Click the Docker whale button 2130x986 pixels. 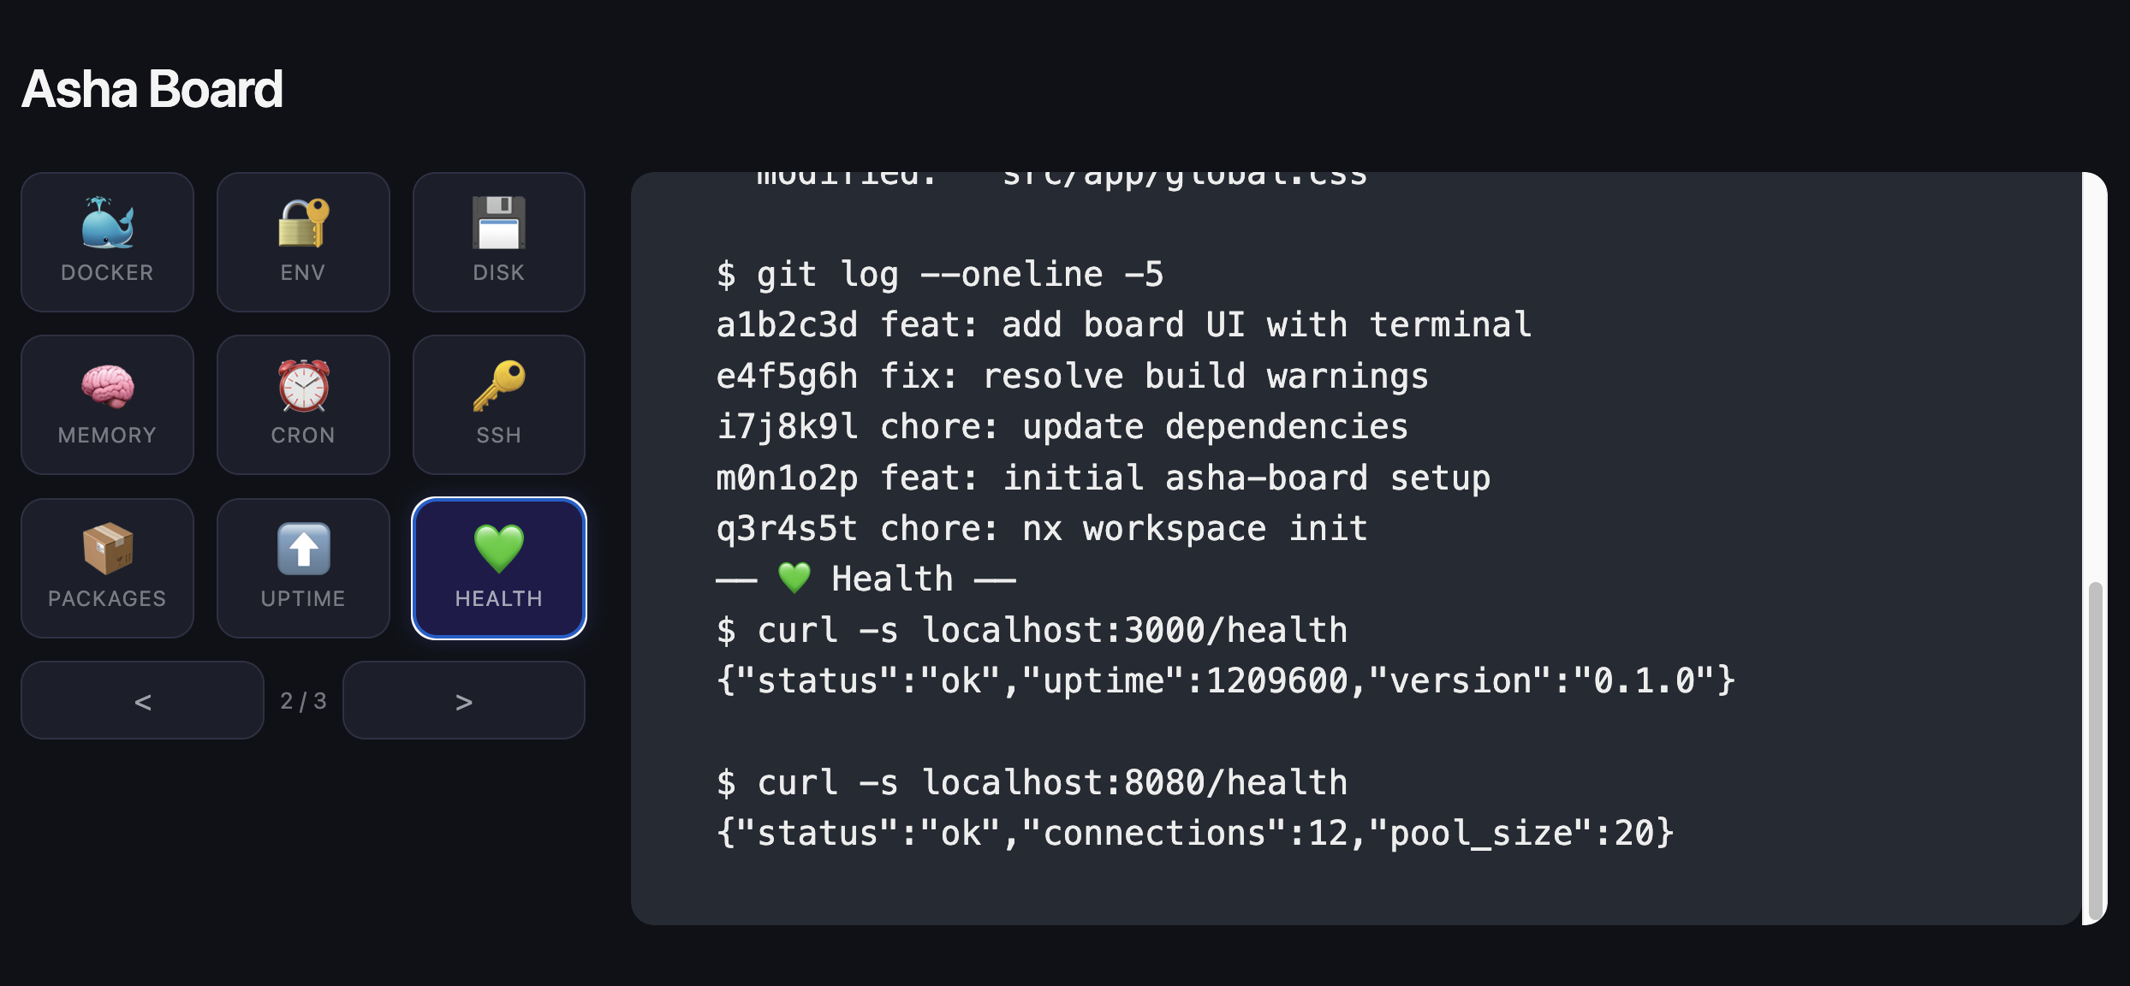[107, 242]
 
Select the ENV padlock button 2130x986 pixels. [303, 242]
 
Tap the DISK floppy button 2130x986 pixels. [499, 242]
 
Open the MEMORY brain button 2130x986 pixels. [107, 405]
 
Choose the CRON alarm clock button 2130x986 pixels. [303, 405]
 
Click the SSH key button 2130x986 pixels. [499, 405]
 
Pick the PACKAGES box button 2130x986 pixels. [107, 568]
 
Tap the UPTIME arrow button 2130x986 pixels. [303, 568]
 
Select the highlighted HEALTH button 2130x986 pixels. [499, 568]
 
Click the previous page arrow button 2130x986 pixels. [142, 701]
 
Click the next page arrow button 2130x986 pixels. [464, 701]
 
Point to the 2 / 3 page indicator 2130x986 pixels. [303, 701]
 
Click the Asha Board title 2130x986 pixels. [152, 89]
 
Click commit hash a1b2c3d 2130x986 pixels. [787, 325]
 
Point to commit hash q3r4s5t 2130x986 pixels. [787, 529]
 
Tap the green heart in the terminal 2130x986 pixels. [794, 579]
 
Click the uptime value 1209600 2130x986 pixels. [1276, 681]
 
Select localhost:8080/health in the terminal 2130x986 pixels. [1134, 783]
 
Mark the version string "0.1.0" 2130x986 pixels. [1644, 681]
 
